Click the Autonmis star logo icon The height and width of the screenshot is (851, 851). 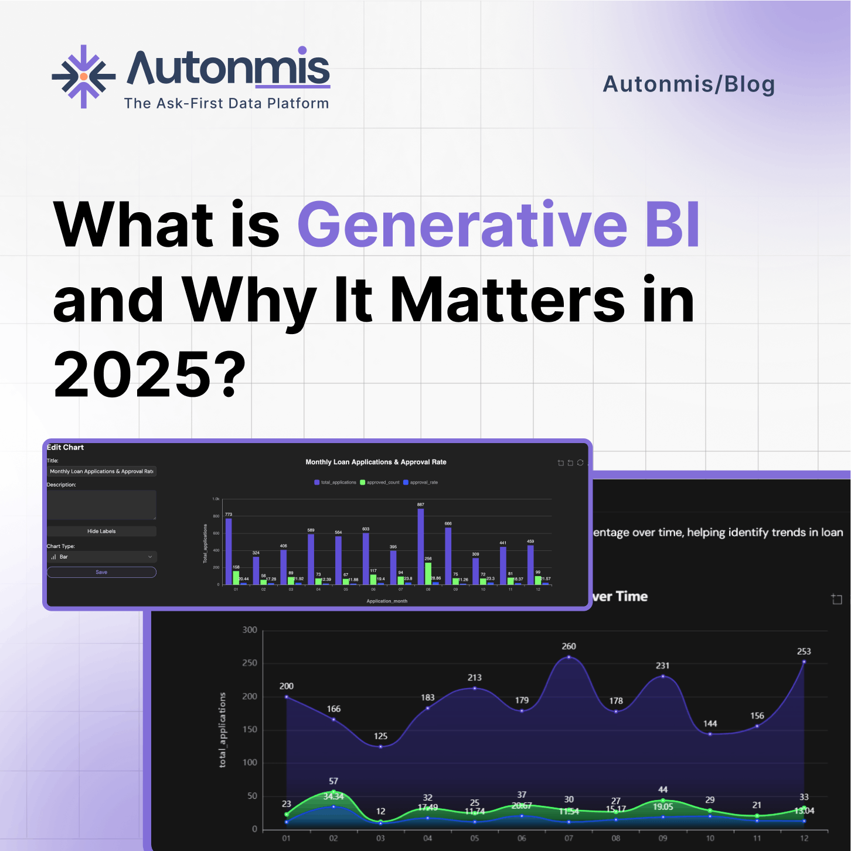coord(83,77)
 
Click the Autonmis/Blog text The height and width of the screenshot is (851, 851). coord(689,84)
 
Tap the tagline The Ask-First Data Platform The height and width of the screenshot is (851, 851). coord(226,104)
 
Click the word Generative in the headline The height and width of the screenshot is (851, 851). coord(462,225)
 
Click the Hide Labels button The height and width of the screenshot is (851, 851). coord(101,531)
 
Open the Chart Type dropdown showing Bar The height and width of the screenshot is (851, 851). coord(101,557)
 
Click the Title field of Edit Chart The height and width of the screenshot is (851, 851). coord(101,471)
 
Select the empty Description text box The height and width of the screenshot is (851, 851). coord(101,505)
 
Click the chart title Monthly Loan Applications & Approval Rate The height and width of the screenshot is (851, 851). coord(376,462)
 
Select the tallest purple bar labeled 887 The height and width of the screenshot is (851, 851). coord(421,546)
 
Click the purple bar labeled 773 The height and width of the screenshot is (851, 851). coord(229,551)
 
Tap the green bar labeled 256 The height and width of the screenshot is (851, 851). coord(428,573)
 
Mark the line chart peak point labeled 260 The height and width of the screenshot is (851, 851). coord(569,657)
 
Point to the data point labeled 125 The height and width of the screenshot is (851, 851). coord(380,747)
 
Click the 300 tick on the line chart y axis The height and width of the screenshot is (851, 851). coord(250,630)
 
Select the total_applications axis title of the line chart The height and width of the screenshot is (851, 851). coord(222,730)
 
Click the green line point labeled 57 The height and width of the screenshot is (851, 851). coord(333,792)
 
